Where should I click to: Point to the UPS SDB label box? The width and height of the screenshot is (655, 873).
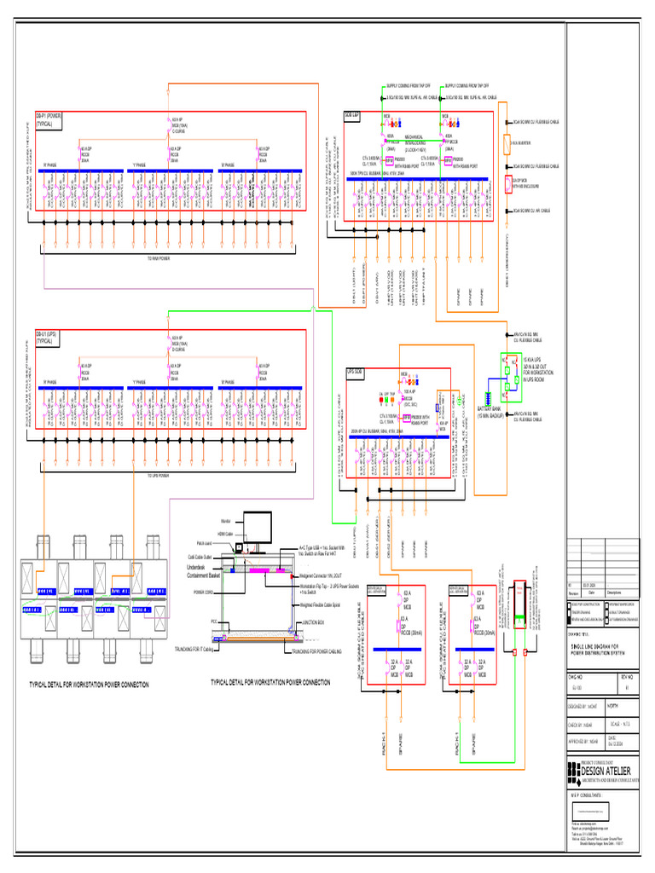click(355, 373)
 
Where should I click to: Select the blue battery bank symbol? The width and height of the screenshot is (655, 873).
click(488, 398)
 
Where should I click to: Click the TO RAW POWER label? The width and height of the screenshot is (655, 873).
click(159, 257)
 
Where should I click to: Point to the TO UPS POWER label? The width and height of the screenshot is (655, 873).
click(159, 476)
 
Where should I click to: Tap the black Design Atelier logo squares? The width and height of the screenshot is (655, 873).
click(573, 772)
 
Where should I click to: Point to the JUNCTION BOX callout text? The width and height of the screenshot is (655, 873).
click(314, 623)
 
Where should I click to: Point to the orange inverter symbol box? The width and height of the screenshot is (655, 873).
click(507, 142)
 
